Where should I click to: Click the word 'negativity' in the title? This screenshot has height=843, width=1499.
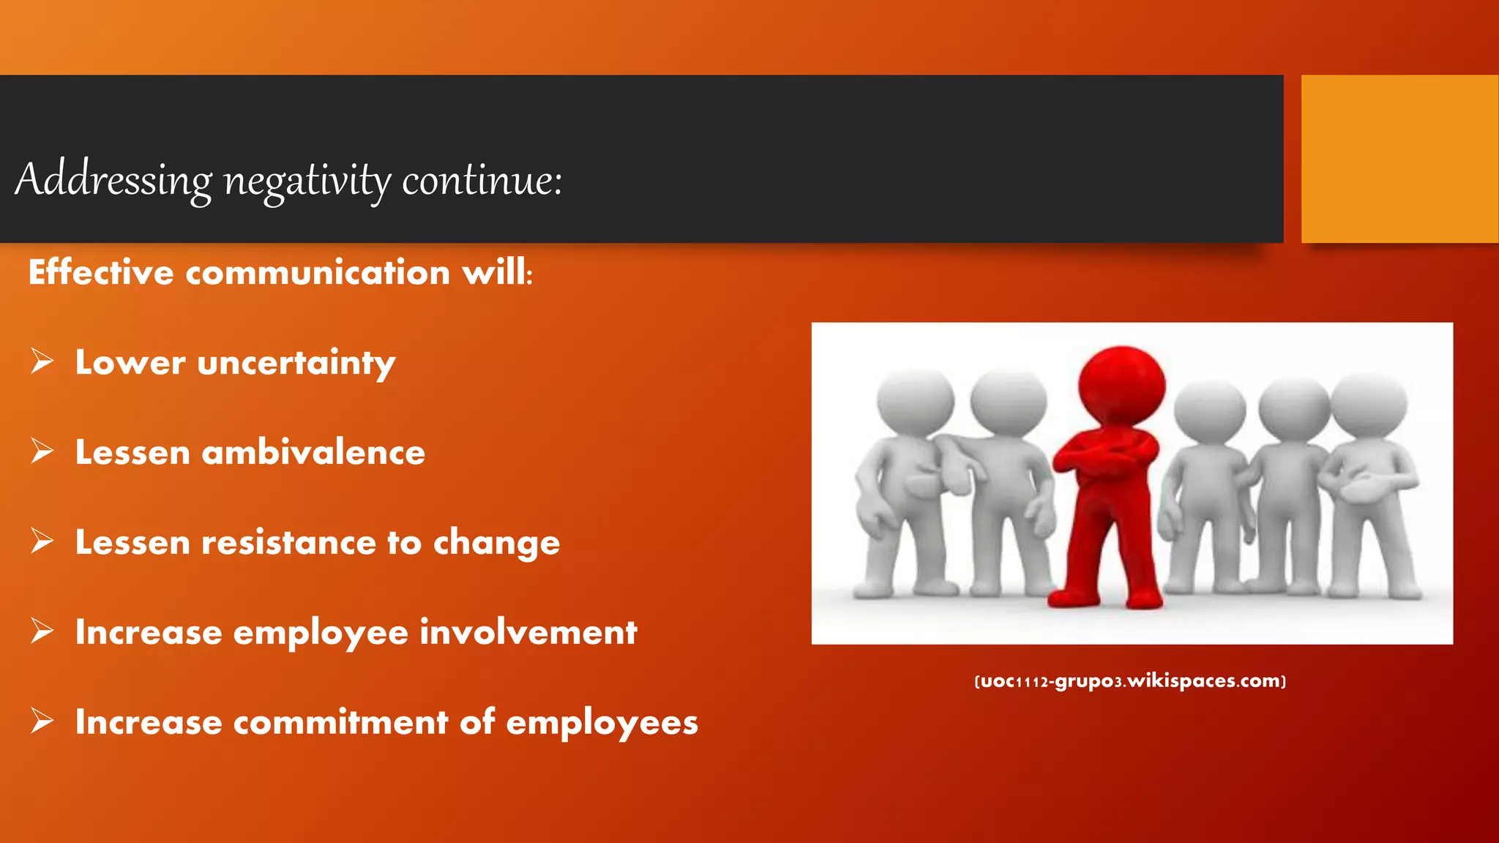click(307, 180)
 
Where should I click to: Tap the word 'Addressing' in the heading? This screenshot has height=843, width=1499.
click(113, 179)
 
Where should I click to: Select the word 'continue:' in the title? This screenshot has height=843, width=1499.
click(482, 180)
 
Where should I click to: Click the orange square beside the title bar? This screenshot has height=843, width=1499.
click(1399, 159)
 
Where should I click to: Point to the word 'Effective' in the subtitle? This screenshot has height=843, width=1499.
click(101, 272)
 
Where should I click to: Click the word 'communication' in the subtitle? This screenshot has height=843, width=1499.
click(318, 272)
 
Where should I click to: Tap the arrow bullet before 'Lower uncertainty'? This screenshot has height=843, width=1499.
click(42, 361)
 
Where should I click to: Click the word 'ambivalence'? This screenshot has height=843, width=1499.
click(313, 452)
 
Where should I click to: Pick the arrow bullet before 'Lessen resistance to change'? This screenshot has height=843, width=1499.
click(42, 542)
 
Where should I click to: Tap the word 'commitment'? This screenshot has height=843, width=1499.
click(340, 722)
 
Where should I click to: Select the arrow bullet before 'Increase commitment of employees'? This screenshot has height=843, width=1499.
click(42, 722)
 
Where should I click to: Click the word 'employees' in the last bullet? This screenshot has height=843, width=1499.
click(602, 723)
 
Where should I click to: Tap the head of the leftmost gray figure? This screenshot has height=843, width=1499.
click(915, 402)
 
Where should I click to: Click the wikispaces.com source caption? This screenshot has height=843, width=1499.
click(1130, 681)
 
